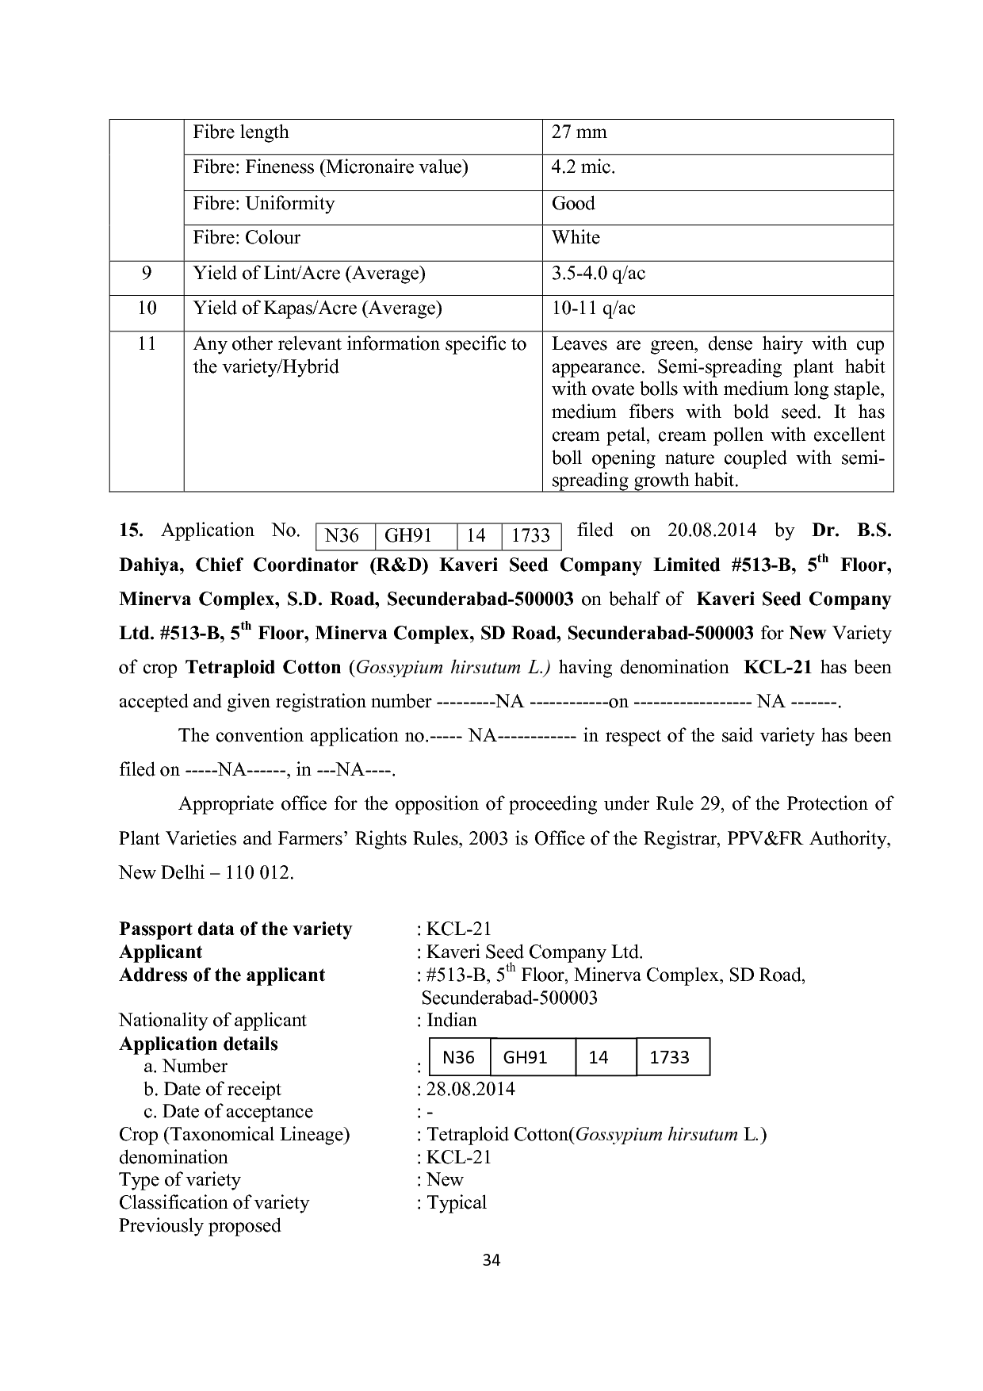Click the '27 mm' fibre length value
(579, 132)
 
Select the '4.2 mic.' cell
(583, 167)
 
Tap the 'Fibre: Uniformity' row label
(264, 204)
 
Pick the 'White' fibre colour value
(576, 238)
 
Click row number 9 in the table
(147, 274)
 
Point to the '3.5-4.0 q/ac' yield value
(599, 274)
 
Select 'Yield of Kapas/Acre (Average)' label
(317, 308)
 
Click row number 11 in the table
(147, 344)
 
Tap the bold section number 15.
(130, 531)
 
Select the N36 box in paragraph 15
(342, 537)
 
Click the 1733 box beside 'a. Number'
(670, 1057)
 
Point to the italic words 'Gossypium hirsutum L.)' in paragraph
(453, 668)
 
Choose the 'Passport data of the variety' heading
(235, 929)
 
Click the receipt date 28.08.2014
(471, 1090)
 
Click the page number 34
(491, 1261)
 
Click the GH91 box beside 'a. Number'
(526, 1057)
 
